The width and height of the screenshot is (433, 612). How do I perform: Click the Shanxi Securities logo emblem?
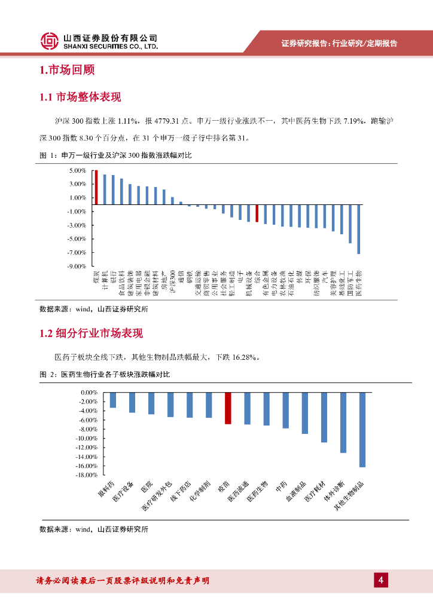50,40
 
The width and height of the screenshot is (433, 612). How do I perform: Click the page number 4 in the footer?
380,580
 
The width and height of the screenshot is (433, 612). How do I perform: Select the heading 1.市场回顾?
67,71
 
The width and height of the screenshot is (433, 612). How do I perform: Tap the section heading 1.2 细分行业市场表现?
91,333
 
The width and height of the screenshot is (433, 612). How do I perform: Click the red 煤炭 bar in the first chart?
96,188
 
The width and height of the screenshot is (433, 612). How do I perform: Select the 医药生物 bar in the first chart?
359,229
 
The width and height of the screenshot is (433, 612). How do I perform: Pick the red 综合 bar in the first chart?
257,214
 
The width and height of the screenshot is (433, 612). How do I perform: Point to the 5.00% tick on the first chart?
78,170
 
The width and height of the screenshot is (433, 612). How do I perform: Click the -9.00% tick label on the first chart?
78,266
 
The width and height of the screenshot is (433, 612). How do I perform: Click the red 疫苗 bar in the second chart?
227,408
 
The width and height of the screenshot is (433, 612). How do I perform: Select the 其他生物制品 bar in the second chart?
362,430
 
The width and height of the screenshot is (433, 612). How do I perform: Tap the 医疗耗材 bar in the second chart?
324,417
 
